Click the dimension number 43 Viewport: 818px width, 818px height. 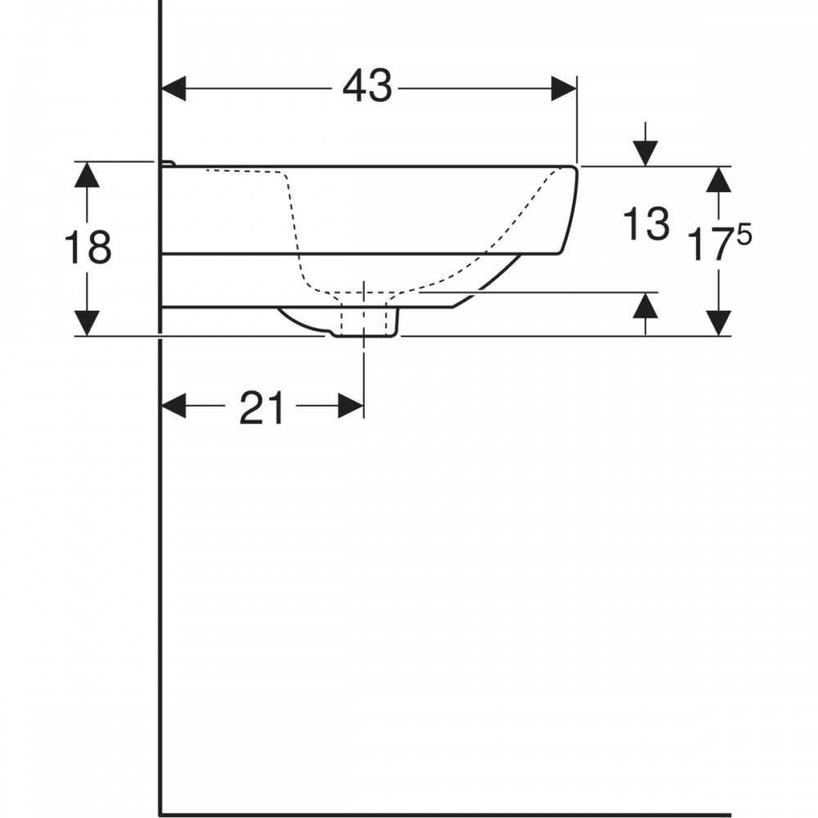point(367,86)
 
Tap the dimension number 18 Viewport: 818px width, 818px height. point(88,247)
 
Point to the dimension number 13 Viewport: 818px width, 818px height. point(646,223)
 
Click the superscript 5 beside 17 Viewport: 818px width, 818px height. point(744,236)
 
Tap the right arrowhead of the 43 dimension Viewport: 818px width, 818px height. point(564,88)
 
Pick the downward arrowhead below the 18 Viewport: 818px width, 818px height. point(87,323)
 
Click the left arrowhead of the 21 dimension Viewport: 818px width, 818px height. point(173,406)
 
